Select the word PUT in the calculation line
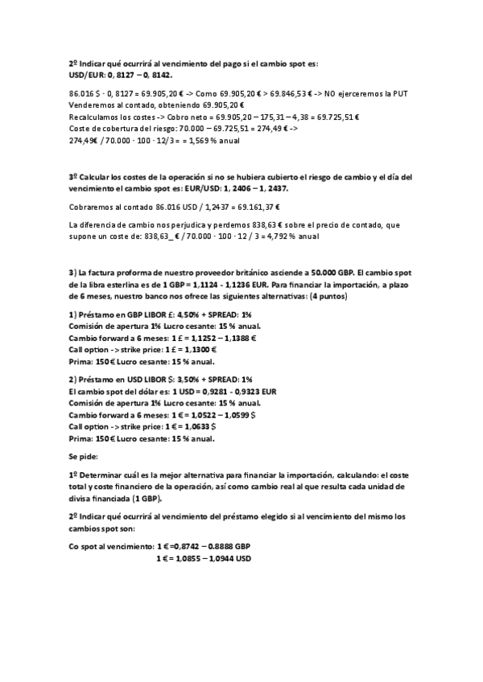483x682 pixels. pyautogui.click(x=400, y=94)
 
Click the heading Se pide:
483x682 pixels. pyautogui.click(x=84, y=455)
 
